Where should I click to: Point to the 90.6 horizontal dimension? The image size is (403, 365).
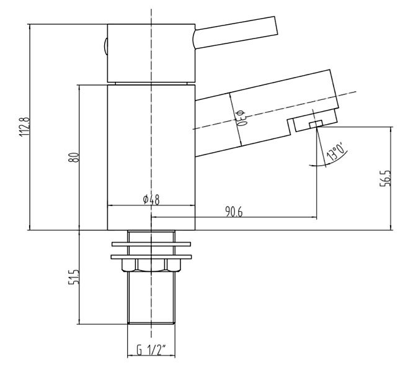(233, 212)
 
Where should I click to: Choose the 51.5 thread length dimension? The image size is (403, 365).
(74, 277)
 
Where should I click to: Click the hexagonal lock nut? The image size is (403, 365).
(151, 265)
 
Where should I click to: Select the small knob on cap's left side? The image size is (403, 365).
(105, 46)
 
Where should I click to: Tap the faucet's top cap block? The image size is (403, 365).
(151, 53)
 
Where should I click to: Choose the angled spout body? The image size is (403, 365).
(267, 112)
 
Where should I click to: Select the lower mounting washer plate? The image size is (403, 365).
(151, 256)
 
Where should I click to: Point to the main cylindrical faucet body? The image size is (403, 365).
(151, 155)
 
